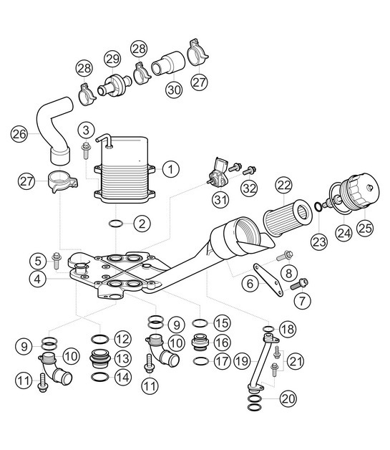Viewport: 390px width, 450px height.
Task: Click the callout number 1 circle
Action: click(170, 169)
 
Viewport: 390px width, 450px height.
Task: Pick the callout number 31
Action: click(218, 198)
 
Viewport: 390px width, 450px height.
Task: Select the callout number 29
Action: click(112, 57)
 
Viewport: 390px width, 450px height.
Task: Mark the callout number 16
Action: click(221, 343)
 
